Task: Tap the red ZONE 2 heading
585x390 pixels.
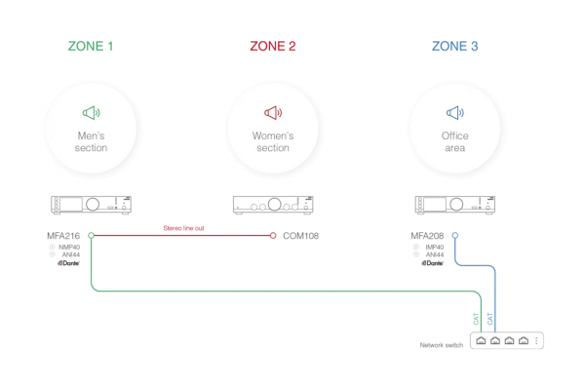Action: pyautogui.click(x=273, y=47)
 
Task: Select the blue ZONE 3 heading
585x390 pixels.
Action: pyautogui.click(x=455, y=47)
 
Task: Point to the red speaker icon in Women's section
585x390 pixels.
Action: pyautogui.click(x=273, y=113)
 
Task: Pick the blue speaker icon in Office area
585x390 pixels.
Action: pyautogui.click(x=455, y=113)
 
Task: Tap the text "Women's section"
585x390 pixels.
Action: pyautogui.click(x=273, y=141)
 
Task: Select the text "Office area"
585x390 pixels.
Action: pyautogui.click(x=455, y=141)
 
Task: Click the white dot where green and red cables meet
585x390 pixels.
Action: pyautogui.click(x=91, y=235)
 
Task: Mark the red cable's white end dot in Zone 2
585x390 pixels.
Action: pyautogui.click(x=274, y=235)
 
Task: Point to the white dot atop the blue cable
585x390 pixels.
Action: pyautogui.click(x=454, y=235)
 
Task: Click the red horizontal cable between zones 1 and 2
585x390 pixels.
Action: pyautogui.click(x=185, y=235)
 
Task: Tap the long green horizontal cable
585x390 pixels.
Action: pyautogui.click(x=283, y=290)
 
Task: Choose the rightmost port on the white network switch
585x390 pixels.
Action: pyautogui.click(x=524, y=342)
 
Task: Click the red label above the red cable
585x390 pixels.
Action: pyautogui.click(x=183, y=227)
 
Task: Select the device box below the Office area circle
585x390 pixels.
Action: pyautogui.click(x=455, y=206)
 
